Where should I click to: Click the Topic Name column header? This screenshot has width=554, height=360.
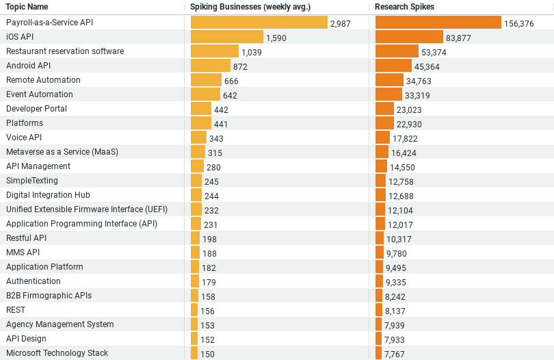click(27, 7)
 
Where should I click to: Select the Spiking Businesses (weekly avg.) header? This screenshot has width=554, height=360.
click(250, 7)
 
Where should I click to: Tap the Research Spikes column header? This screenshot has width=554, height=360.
click(404, 7)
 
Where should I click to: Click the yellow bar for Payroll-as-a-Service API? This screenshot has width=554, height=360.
click(259, 23)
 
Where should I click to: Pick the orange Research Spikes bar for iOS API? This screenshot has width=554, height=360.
click(409, 37)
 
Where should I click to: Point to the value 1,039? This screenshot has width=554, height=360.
click(252, 52)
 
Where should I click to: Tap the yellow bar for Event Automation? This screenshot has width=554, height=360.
click(205, 94)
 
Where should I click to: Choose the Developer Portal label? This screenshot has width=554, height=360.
click(36, 109)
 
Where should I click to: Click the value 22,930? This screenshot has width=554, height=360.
click(410, 124)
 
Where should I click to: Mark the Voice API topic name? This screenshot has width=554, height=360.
click(24, 138)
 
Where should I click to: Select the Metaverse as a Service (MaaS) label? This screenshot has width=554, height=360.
click(62, 152)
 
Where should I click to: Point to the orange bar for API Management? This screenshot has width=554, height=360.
click(382, 166)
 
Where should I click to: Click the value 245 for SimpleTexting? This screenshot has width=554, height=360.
click(211, 181)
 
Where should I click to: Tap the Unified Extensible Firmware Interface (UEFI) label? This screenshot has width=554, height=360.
click(87, 209)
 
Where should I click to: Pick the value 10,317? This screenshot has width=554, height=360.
click(399, 239)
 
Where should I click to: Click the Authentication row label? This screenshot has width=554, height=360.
click(34, 281)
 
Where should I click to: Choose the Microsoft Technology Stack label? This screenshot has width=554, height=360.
click(57, 353)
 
